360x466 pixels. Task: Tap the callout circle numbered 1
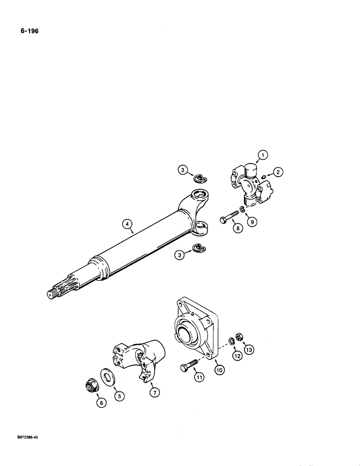pos(263,157)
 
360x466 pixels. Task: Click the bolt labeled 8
pos(226,217)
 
